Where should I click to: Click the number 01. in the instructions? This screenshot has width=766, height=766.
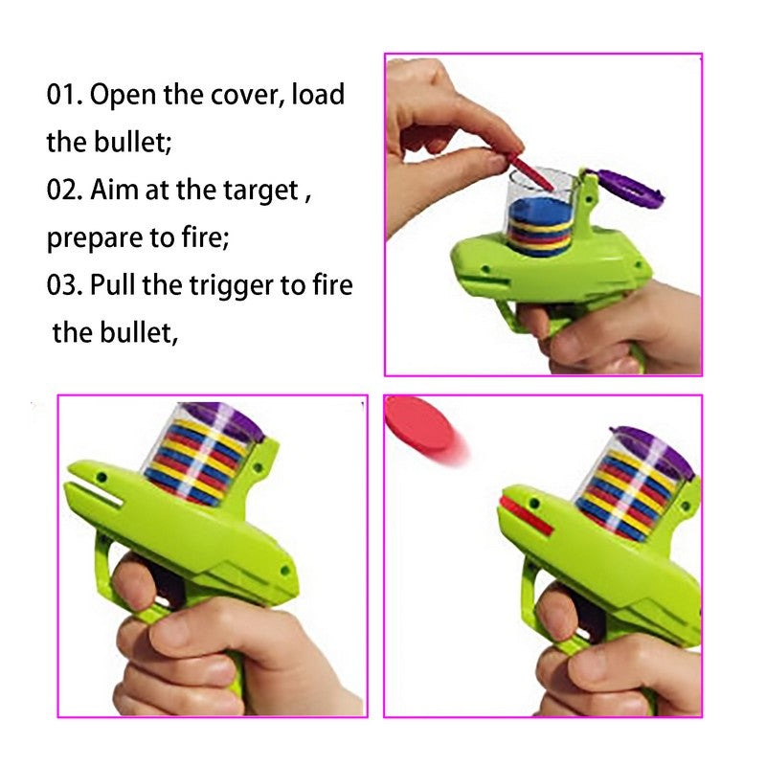[64, 94]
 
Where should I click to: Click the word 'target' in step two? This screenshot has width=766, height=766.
[260, 191]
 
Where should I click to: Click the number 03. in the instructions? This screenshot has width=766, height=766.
[64, 285]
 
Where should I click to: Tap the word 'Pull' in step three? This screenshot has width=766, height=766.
[113, 284]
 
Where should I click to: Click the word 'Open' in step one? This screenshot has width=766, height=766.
[124, 95]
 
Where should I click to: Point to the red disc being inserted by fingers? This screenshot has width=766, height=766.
[529, 171]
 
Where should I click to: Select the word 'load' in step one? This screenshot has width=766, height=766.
[318, 94]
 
